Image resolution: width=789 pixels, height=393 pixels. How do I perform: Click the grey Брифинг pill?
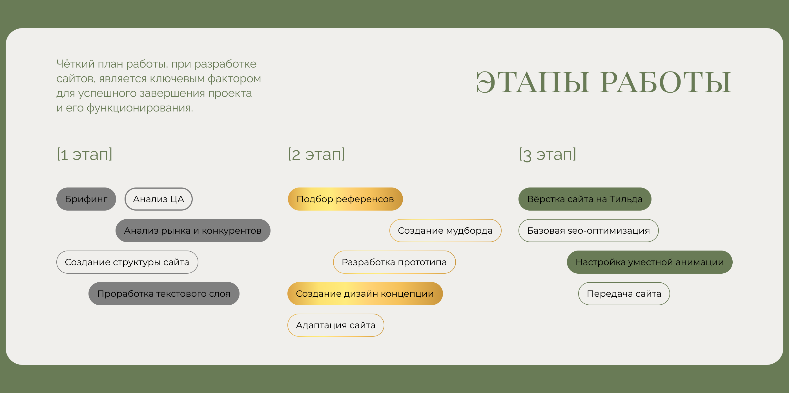[86, 199]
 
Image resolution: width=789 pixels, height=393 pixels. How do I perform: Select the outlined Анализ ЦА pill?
[158, 199]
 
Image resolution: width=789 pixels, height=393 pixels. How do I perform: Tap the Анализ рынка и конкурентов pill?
[193, 231]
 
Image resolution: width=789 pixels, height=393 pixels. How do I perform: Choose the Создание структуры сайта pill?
[127, 262]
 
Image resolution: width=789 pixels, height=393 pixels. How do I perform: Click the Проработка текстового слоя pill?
[164, 294]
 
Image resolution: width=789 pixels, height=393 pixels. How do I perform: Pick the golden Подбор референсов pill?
[345, 199]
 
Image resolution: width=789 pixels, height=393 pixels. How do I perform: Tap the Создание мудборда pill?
[445, 231]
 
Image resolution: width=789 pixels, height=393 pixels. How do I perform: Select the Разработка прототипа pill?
[394, 262]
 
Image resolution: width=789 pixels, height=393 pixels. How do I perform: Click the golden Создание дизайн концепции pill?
[365, 294]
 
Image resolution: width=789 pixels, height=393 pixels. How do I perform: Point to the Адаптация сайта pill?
[336, 325]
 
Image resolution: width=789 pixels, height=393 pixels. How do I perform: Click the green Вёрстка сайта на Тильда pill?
[585, 199]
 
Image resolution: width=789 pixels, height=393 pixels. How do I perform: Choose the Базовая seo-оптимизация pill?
[588, 231]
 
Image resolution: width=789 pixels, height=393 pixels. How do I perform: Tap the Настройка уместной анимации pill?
[650, 262]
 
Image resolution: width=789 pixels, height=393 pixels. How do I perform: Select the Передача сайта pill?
[624, 294]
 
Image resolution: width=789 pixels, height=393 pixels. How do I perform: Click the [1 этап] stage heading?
[85, 154]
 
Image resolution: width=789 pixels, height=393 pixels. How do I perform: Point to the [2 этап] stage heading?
[316, 154]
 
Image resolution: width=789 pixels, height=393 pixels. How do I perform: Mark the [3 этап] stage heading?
[548, 154]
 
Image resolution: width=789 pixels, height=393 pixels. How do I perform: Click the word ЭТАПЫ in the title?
[532, 82]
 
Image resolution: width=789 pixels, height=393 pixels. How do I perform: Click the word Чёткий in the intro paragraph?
[75, 64]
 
